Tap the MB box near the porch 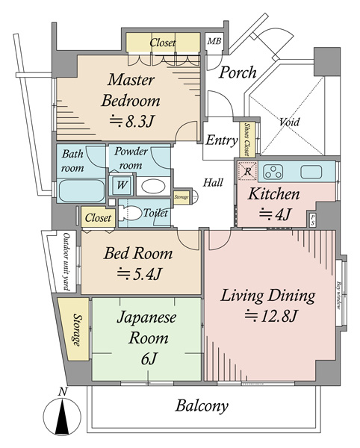pyautogui.click(x=214, y=42)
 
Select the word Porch pyautogui.click(x=238, y=72)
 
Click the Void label pyautogui.click(x=290, y=122)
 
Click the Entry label pyautogui.click(x=221, y=140)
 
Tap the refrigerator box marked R pyautogui.click(x=247, y=171)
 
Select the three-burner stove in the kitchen pyautogui.click(x=274, y=172)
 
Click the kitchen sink pyautogui.click(x=311, y=172)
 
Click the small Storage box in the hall pyautogui.click(x=181, y=197)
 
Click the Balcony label pyautogui.click(x=202, y=407)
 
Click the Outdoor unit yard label pyautogui.click(x=66, y=261)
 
